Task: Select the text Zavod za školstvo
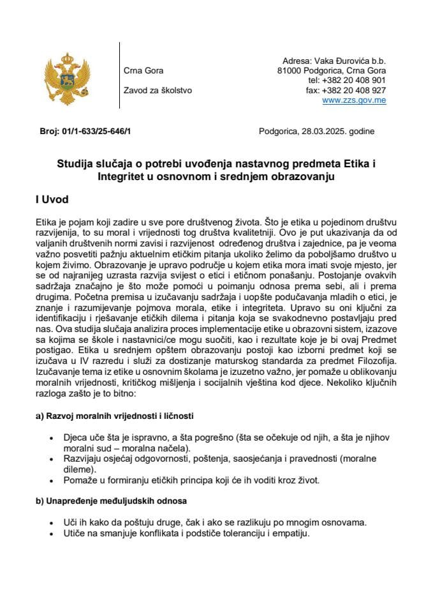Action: [157, 91]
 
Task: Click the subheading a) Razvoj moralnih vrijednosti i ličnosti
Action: [114, 416]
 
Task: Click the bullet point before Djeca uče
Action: [51, 439]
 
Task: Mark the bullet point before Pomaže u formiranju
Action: [51, 480]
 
